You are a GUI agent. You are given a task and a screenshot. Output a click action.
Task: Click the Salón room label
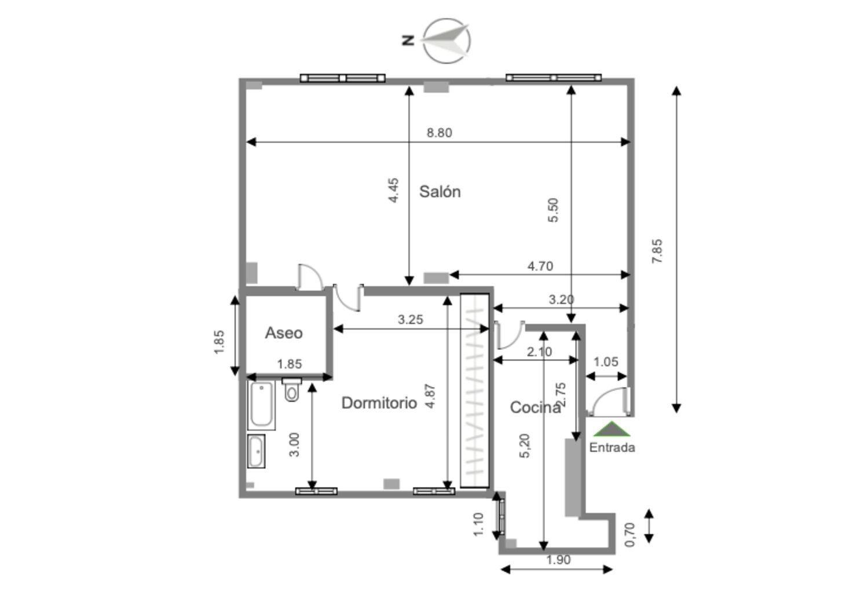coord(440,192)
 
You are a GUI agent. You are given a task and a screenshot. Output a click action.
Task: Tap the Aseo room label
coord(284,333)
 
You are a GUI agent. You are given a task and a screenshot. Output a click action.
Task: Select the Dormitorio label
coord(379,403)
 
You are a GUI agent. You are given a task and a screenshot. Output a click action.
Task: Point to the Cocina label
coord(535,407)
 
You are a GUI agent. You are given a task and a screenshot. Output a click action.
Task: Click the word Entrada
coord(612,448)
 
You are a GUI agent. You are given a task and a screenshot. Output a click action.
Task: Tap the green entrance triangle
coord(612,429)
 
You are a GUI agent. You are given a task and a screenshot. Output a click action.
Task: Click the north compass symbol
coord(447,41)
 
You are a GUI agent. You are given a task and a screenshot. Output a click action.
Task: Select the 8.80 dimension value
coord(440,133)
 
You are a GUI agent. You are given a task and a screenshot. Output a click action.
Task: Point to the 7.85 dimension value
coord(657,251)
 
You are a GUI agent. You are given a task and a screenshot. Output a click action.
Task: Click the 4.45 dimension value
coord(393,190)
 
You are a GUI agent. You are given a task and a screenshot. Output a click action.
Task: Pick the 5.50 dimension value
coord(554,210)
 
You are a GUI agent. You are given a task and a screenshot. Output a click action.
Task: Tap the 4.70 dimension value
coord(540,266)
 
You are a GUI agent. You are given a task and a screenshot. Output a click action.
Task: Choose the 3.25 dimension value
coord(410,319)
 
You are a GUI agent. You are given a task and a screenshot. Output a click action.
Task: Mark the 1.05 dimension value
coord(606,362)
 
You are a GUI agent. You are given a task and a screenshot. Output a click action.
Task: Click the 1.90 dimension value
coord(558,560)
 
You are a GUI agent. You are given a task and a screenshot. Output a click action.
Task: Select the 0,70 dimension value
coord(630,535)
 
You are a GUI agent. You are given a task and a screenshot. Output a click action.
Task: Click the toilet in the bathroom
coord(291,389)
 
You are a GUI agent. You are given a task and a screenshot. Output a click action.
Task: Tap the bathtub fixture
coord(261,404)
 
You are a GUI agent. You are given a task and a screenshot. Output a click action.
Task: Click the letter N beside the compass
coord(408,41)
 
